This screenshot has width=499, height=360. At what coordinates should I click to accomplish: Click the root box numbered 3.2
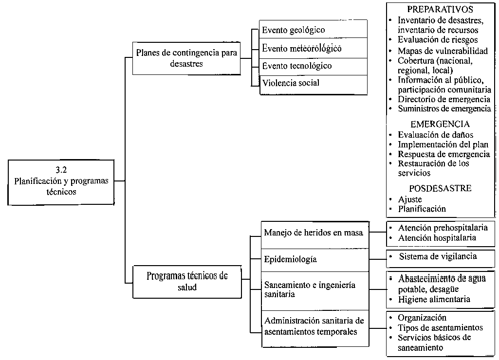pos(61,182)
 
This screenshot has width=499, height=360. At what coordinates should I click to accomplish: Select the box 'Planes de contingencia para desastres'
pos(186,58)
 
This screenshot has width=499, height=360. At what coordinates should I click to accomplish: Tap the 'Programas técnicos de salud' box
pos(187,282)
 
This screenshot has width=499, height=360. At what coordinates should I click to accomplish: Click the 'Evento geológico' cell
pos(314,29)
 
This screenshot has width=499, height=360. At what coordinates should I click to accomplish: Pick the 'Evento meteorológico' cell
pos(314,48)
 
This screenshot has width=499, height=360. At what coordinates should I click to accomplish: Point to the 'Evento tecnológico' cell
pos(314,67)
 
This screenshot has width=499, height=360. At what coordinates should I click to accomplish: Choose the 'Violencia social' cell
pos(314,85)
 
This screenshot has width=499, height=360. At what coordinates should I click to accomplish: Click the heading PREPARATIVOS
pos(440,9)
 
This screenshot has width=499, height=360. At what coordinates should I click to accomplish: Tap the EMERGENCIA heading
pos(440,124)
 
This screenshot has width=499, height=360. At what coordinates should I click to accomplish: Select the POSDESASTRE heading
pos(440,188)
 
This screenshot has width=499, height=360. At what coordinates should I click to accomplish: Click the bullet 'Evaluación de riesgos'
pos(438,40)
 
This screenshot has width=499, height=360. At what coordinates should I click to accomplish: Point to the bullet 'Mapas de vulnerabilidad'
pos(443,51)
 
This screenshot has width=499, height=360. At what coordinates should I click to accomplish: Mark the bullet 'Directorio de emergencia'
pos(444,99)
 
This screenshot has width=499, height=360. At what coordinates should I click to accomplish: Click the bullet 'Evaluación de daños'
pos(435,135)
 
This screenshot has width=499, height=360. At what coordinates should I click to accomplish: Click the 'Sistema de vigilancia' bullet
pos(438,256)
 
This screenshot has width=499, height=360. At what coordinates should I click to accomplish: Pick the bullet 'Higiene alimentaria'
pos(434,299)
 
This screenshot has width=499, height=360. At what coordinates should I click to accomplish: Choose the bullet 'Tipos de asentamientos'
pos(440,327)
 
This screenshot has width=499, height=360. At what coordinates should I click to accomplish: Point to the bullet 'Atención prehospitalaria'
pos(443,228)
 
